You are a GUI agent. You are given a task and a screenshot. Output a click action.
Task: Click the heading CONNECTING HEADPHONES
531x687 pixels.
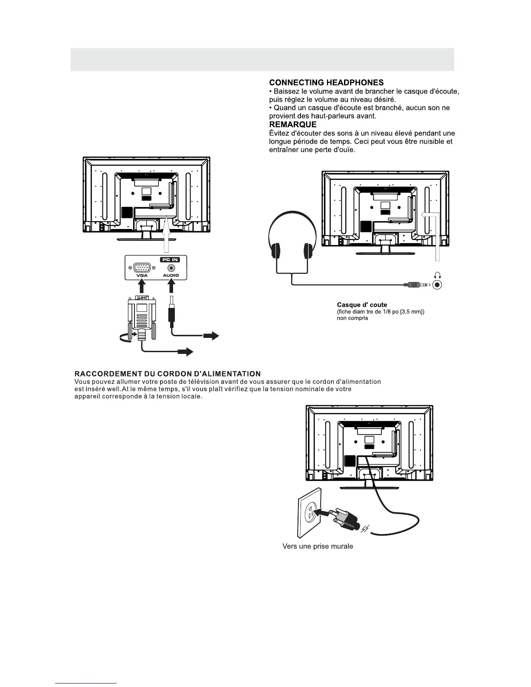point(326,82)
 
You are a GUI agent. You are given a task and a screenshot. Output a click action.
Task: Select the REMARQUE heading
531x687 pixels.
point(293,125)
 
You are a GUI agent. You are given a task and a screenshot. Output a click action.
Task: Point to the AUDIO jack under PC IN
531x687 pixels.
point(171,268)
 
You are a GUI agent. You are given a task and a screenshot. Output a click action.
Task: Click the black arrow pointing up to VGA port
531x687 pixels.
point(141,286)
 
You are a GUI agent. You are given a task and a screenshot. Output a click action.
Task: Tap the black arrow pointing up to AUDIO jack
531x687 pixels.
point(171,286)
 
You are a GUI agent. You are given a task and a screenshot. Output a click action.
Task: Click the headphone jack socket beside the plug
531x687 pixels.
point(437,285)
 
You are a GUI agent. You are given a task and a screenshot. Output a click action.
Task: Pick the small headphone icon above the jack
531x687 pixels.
point(437,275)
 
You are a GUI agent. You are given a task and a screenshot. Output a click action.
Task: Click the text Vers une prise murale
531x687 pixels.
point(318,546)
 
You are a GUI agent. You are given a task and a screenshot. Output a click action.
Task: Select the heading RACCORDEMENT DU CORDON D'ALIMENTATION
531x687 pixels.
point(167,374)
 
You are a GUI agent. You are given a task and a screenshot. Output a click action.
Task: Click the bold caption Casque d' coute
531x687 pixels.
point(362,305)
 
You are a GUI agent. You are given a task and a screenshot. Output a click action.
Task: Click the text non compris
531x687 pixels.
point(352,318)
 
